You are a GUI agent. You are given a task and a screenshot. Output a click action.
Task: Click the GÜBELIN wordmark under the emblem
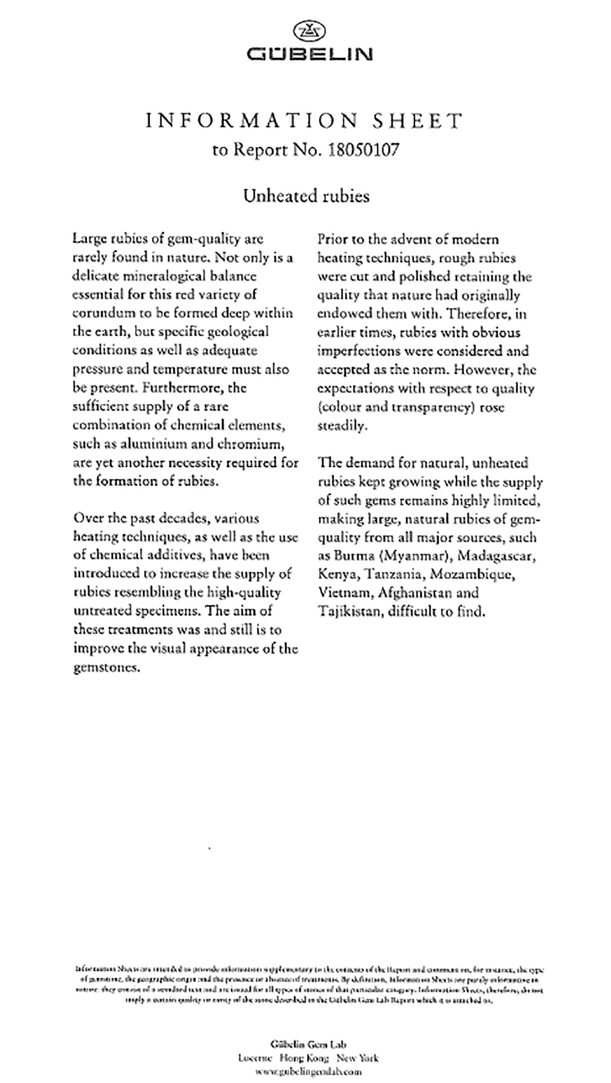pyautogui.click(x=309, y=54)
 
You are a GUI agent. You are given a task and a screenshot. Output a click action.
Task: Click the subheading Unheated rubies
pyautogui.click(x=306, y=196)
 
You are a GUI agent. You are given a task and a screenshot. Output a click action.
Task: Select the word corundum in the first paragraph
pyautogui.click(x=99, y=313)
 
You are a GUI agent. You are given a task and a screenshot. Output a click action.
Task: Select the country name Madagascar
pyautogui.click(x=497, y=556)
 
